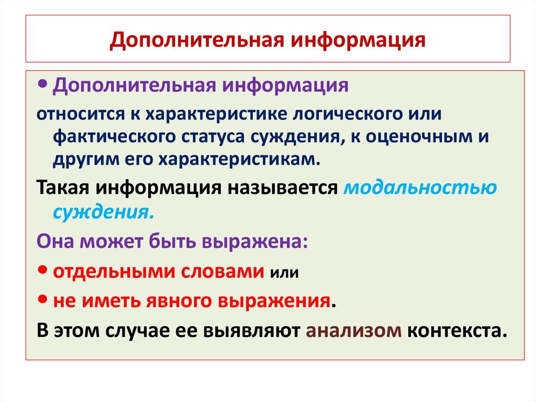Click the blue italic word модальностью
420,188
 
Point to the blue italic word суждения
103,212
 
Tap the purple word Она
53,243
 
